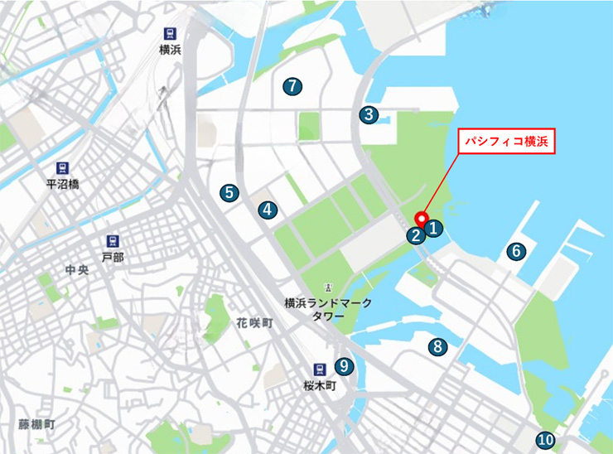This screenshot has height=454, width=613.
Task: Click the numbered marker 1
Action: tap(434, 225)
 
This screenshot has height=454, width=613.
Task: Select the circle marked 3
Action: tap(369, 115)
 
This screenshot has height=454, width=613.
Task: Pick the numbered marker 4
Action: tap(267, 210)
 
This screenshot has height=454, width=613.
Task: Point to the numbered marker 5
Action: tap(229, 193)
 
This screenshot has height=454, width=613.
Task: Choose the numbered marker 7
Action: tap(291, 85)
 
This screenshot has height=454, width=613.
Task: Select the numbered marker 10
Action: tap(544, 441)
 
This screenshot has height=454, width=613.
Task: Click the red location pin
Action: tap(421, 220)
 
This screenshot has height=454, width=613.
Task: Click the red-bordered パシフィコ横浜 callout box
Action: tap(506, 141)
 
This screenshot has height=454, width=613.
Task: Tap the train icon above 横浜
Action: tap(170, 34)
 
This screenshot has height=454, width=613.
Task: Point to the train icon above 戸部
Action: tap(113, 242)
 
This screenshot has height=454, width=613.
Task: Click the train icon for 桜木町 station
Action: tap(319, 370)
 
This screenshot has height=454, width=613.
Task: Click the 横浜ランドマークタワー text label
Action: tap(328, 309)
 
